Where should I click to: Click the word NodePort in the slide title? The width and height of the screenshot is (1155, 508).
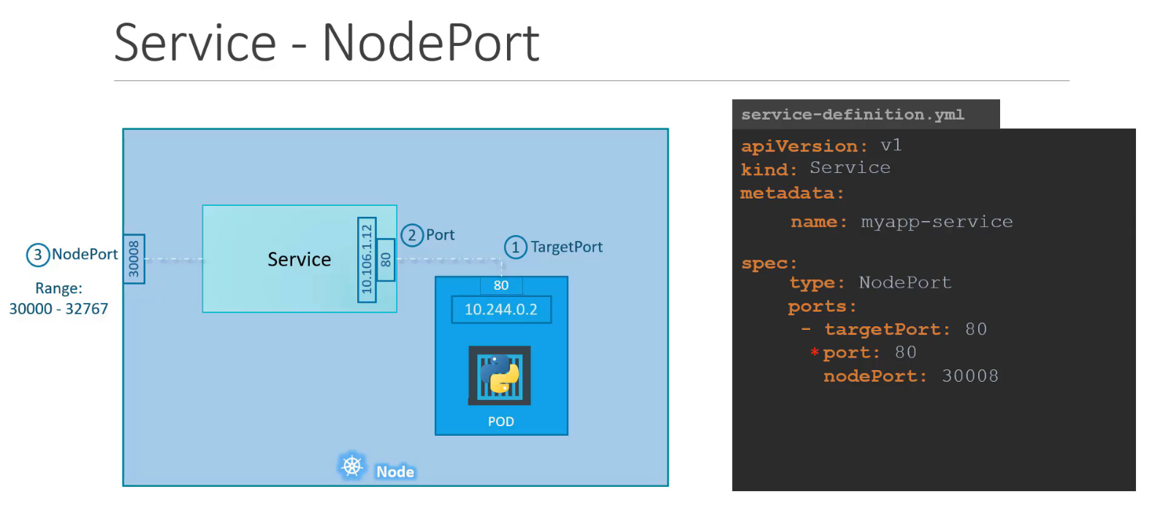tap(430, 43)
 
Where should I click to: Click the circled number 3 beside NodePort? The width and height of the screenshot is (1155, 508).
tap(37, 255)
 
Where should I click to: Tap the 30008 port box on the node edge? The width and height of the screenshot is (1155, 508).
tap(134, 259)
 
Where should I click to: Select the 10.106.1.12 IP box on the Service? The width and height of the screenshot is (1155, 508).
tap(367, 259)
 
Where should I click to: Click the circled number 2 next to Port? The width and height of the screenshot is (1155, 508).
tap(412, 235)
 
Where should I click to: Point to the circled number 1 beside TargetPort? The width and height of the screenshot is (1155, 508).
tap(515, 247)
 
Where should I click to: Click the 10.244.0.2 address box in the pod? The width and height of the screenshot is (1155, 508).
tap(500, 309)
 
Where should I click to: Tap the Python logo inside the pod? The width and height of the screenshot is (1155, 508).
tap(500, 374)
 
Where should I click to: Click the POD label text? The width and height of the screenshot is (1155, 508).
tap(500, 422)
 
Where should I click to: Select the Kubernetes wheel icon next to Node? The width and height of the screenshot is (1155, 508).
tap(352, 466)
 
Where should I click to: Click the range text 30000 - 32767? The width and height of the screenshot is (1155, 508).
tap(58, 309)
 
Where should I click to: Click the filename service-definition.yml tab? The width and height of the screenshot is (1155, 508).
tap(853, 115)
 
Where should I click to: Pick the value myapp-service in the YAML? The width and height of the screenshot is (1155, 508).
tap(937, 222)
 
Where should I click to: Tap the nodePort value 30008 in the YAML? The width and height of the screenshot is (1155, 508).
tap(969, 377)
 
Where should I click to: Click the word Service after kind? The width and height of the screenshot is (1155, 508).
tap(850, 169)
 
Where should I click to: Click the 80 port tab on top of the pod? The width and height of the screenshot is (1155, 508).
tap(501, 285)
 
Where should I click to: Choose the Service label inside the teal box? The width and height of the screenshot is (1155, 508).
tap(299, 260)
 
